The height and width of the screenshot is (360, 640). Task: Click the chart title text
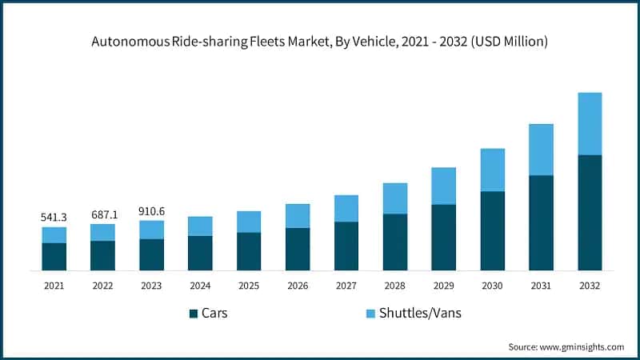point(320,42)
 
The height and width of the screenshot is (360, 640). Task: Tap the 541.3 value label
point(54,217)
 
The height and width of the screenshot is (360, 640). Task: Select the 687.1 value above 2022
point(102,214)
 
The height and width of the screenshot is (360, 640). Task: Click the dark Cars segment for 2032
point(590,213)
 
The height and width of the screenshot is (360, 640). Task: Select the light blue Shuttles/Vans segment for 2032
point(590,124)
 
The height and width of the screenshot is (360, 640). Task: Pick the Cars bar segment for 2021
point(54,257)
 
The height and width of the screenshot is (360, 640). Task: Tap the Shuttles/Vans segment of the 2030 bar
point(492,170)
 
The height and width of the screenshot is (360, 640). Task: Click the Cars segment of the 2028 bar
point(394,242)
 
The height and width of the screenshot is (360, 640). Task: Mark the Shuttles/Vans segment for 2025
point(249,222)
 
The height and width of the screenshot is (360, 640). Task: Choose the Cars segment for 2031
point(541,222)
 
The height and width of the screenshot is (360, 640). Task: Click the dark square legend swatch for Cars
point(194,314)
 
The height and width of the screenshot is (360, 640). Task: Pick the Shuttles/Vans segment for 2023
point(151,230)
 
